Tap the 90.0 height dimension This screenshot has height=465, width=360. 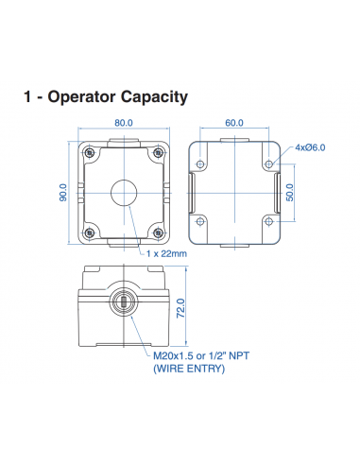[x=61, y=193]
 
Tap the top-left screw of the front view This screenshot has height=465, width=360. [x=89, y=153]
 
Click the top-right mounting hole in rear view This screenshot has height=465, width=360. [x=269, y=164]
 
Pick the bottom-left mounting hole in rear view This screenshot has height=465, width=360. [x=201, y=223]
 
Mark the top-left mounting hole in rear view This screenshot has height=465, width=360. [x=201, y=164]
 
